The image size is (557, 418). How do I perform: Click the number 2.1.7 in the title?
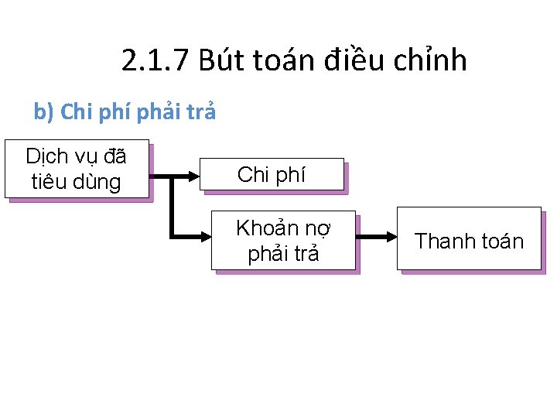(155, 60)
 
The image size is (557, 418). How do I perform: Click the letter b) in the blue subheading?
(43, 112)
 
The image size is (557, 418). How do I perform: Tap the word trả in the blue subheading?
(201, 112)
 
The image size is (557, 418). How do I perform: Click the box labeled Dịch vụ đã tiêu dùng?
(77, 170)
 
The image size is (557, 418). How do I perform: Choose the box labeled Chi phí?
(272, 175)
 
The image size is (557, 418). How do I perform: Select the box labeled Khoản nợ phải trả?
(283, 240)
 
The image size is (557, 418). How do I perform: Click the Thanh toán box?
(469, 241)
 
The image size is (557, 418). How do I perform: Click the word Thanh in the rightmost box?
(442, 241)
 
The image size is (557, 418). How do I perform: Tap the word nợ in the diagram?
(317, 229)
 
